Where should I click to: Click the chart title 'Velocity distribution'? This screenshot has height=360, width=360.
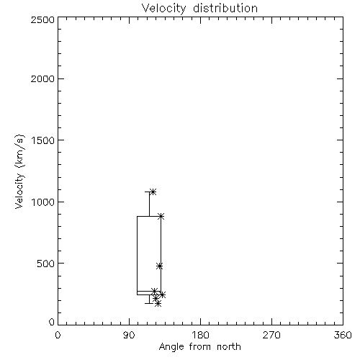[x=199, y=9]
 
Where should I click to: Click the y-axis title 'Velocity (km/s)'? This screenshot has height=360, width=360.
[x=19, y=171]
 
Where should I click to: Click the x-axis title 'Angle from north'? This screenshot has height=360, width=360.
[x=199, y=347]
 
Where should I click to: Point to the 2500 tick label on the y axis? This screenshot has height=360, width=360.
[x=42, y=19]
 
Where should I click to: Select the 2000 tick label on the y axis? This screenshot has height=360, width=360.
[x=42, y=78]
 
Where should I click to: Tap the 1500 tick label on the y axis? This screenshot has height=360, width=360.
[x=43, y=140]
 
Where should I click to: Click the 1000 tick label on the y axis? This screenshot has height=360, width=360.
[x=43, y=202]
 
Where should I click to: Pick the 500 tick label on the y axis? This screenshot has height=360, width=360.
[x=46, y=264]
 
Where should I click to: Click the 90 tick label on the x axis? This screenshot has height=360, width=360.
[x=129, y=335]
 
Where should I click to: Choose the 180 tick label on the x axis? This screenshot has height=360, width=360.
[x=200, y=335]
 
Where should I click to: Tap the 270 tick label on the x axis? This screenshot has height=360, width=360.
[x=271, y=335]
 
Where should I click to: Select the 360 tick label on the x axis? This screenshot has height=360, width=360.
[x=343, y=335]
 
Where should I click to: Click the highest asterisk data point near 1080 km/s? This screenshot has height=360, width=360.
[x=153, y=192]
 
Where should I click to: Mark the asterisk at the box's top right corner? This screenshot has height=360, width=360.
[x=161, y=216]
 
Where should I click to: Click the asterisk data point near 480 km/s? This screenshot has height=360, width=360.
[x=160, y=266]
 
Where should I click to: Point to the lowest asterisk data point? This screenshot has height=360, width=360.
[x=158, y=304]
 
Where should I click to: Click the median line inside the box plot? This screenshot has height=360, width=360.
[x=149, y=291]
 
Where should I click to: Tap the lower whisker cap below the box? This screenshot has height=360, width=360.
[x=149, y=303]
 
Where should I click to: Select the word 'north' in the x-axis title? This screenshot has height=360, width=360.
[x=229, y=347]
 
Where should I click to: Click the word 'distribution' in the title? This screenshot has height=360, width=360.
[x=225, y=9]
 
